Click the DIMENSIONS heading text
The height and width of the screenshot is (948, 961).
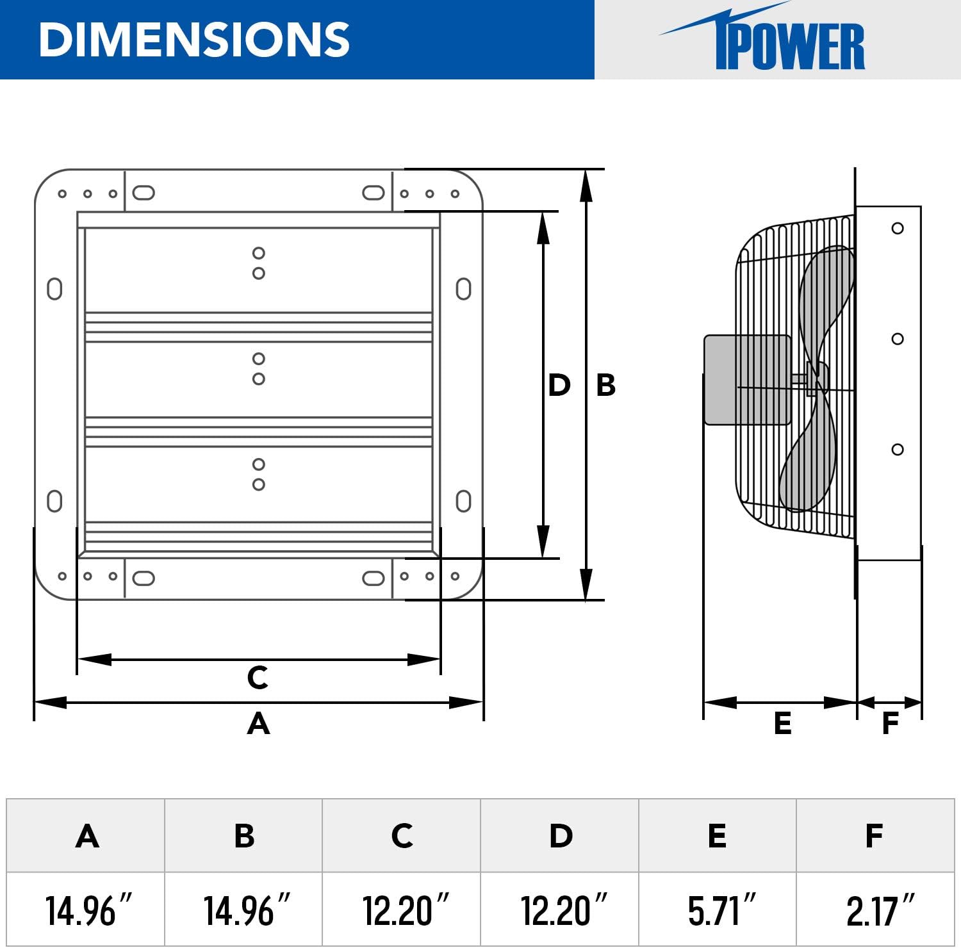[194, 40]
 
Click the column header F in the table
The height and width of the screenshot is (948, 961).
[875, 836]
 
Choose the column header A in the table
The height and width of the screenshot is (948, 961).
[87, 836]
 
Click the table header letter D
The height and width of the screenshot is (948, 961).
[561, 836]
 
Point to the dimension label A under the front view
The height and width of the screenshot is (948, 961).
[258, 724]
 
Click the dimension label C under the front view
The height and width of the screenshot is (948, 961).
[258, 677]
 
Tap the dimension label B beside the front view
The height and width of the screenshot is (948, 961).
[605, 385]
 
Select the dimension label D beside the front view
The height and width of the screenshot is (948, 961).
[559, 385]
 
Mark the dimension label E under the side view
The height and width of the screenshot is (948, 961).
[782, 723]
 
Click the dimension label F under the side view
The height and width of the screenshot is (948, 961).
[890, 723]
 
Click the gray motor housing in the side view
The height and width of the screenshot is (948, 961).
[746, 379]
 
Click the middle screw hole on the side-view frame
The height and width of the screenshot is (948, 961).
[898, 339]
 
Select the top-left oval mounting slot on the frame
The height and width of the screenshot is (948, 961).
[144, 193]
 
